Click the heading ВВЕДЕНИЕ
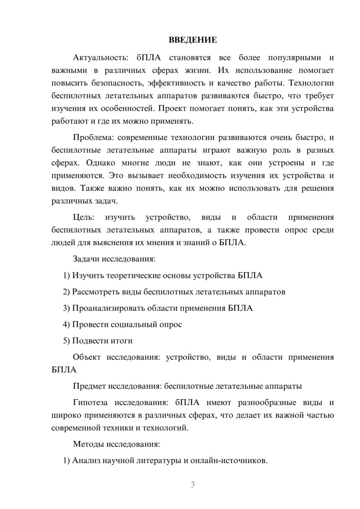(x=193, y=40)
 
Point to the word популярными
(x=294, y=58)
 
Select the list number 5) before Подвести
(x=67, y=341)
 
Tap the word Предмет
(x=88, y=386)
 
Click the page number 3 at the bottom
(x=193, y=485)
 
